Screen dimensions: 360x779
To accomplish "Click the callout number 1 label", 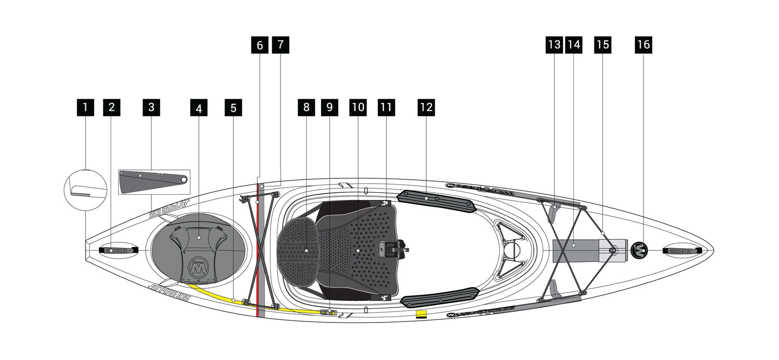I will point(85,107).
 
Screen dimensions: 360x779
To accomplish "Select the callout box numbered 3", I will point(151,107).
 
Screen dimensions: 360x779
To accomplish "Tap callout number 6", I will point(260,45).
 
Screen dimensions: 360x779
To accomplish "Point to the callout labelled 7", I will point(281,45).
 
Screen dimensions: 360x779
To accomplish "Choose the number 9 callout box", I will point(329,107).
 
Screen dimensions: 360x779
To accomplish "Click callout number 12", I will point(426,107).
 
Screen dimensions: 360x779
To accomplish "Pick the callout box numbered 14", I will point(574,45).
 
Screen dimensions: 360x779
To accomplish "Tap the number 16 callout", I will point(643,45).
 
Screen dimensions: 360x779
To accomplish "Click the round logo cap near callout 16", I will point(639,250).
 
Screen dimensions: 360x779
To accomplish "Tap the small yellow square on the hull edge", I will point(421,314).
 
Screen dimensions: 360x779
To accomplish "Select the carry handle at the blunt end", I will point(118,250).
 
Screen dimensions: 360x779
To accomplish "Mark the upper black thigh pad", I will point(436,200).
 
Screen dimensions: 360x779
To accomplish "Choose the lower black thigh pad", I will point(440,298).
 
